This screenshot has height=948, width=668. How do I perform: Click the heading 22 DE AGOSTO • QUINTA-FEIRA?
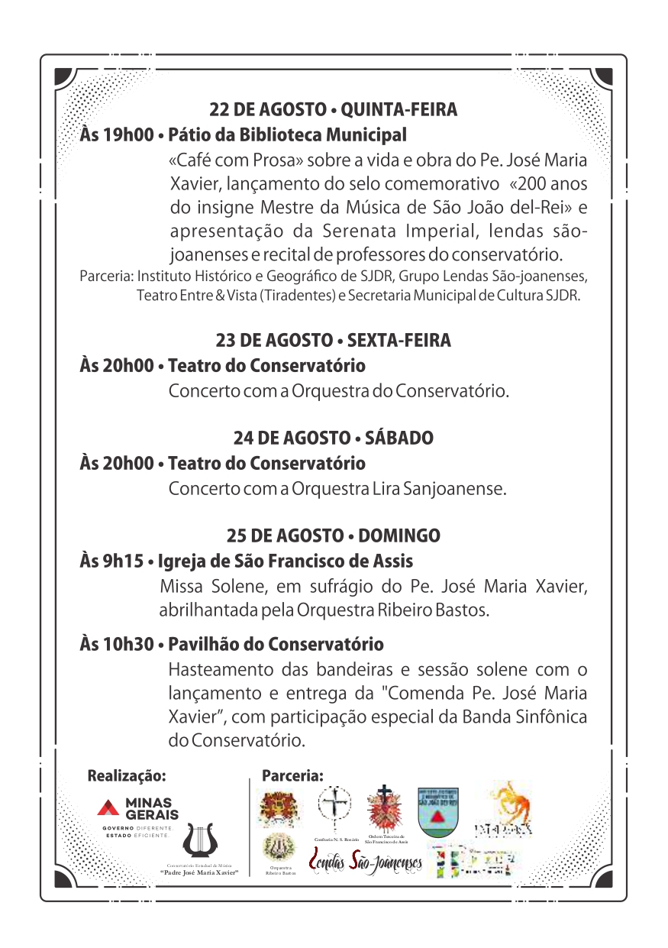click(x=334, y=110)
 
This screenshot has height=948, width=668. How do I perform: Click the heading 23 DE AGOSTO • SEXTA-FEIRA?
click(x=334, y=341)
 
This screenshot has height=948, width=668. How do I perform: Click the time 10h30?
click(x=129, y=645)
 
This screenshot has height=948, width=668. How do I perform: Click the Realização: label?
click(x=127, y=775)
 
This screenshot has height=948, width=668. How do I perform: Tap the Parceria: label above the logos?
click(x=292, y=775)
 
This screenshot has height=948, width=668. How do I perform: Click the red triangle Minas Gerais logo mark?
click(x=108, y=807)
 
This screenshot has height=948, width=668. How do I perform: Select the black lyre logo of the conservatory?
click(x=200, y=841)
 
